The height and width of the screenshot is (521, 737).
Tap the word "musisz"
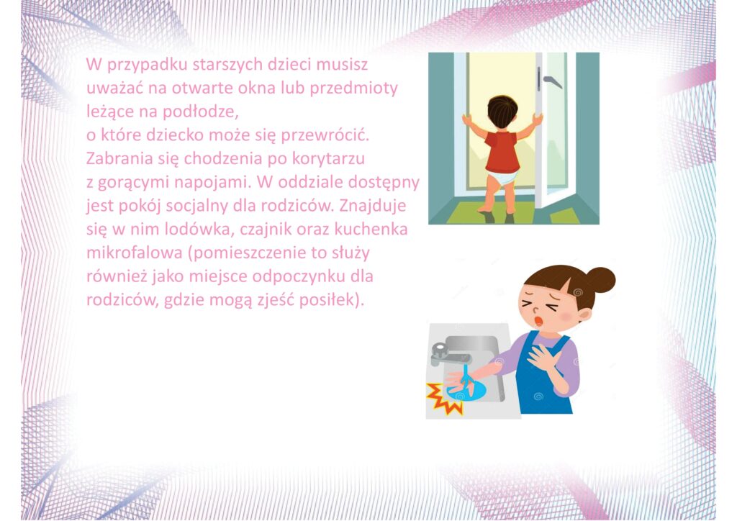pyautogui.click(x=342, y=64)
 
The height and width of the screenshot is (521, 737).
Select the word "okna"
pyautogui.click(x=257, y=88)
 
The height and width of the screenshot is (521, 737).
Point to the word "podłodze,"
pyautogui.click(x=201, y=112)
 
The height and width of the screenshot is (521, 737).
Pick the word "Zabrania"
pyautogui.click(x=120, y=158)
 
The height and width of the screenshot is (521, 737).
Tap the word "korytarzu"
pyautogui.click(x=328, y=159)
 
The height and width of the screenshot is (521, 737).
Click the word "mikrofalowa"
pyautogui.click(x=135, y=253)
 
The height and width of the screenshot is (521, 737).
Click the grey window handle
pyautogui.click(x=549, y=79)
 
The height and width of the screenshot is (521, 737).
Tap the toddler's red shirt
pyautogui.click(x=502, y=151)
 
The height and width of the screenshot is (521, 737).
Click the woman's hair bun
pyautogui.click(x=600, y=280)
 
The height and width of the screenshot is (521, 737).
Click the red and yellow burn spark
pyautogui.click(x=443, y=399)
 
